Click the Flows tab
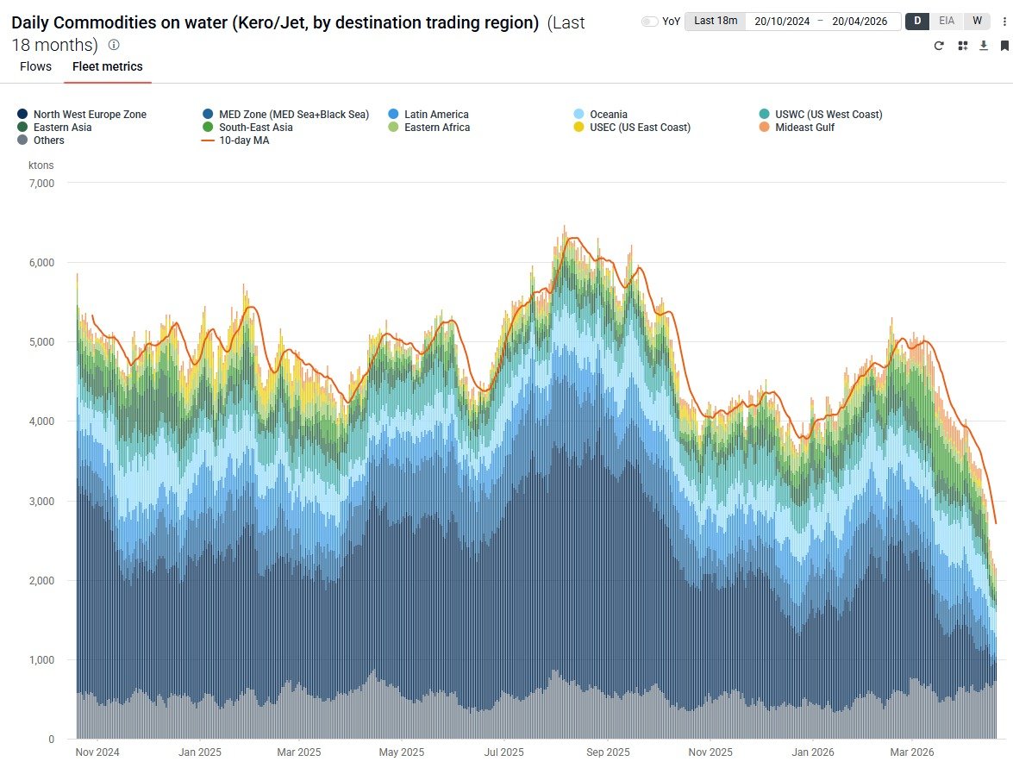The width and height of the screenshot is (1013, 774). (35, 66)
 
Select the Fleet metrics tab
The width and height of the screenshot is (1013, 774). (108, 66)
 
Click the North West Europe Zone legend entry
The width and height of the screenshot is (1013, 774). (90, 115)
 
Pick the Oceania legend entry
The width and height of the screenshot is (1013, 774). (608, 115)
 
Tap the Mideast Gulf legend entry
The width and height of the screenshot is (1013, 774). (804, 128)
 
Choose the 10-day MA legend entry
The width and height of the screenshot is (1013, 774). (243, 140)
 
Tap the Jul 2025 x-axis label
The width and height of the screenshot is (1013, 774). (504, 752)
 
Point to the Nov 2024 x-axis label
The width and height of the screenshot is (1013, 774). (97, 752)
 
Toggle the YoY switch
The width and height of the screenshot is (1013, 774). (650, 22)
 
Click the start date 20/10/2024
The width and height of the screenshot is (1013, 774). (782, 22)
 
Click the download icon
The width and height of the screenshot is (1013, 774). (984, 46)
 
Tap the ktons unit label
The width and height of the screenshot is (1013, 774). (41, 165)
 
